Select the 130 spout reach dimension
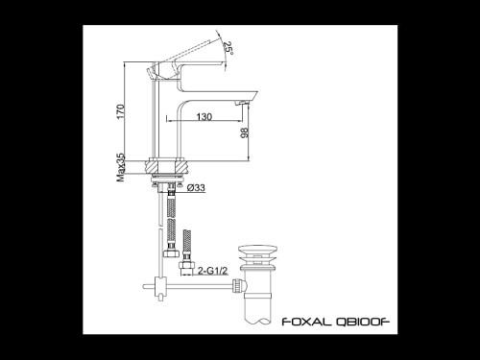point(204,116)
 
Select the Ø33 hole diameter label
point(196,187)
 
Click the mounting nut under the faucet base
point(169,168)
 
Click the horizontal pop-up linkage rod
point(197,284)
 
